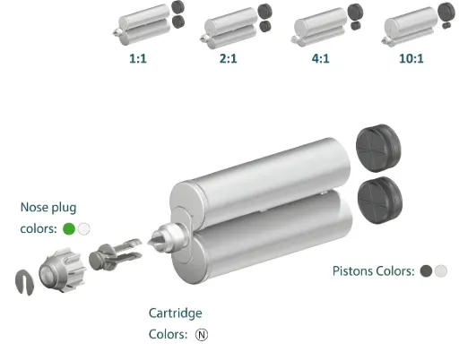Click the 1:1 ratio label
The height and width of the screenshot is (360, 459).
138,58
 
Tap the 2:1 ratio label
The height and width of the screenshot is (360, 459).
229,58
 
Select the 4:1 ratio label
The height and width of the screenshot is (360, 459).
321,58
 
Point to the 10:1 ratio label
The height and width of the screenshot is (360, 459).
411,58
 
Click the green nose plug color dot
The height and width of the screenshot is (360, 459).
69,229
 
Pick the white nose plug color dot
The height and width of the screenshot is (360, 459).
83,229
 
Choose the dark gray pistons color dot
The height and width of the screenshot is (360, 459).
426,271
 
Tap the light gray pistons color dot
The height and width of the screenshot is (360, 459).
441,271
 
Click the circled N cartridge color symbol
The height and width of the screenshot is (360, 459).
202,335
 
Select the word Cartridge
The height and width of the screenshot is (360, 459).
176,313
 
